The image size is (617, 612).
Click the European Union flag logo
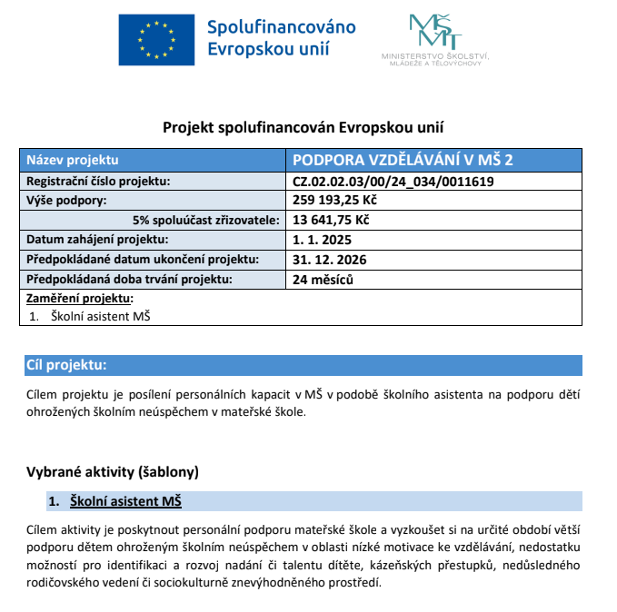[x=155, y=39]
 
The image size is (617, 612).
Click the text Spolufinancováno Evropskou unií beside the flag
[x=281, y=37]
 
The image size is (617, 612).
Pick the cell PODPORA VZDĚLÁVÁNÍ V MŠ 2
[x=403, y=161]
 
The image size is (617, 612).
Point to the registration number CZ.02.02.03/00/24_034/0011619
[x=393, y=182]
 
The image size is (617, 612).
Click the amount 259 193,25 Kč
[x=335, y=201]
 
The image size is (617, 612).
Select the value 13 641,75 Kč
[x=331, y=220]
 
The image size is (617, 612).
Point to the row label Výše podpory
[x=66, y=201]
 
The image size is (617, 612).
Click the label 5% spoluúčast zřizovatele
[x=206, y=220]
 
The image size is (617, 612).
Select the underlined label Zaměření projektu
[x=79, y=298]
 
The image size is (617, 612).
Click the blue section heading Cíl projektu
[x=67, y=365]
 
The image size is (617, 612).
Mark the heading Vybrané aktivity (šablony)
[x=113, y=472]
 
